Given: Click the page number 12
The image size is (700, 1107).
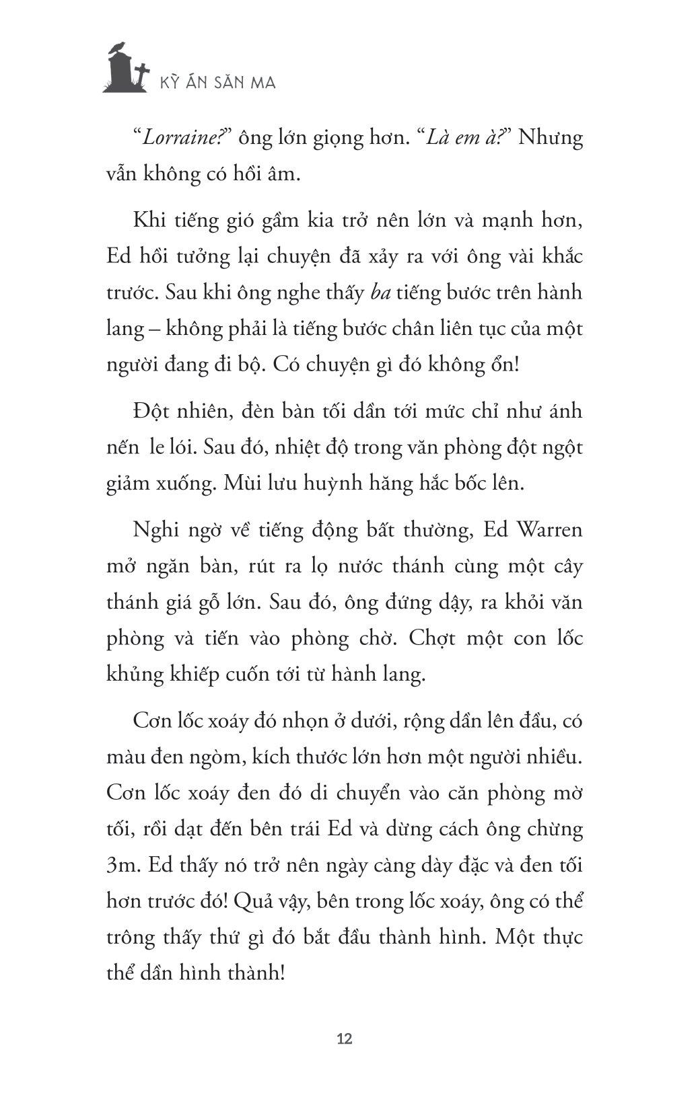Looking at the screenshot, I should tap(344, 1038).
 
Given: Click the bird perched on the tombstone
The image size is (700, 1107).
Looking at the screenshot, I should tap(118, 46).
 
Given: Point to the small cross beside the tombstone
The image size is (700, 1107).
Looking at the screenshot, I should tap(141, 73).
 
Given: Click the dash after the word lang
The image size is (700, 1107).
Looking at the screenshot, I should tap(154, 330).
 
